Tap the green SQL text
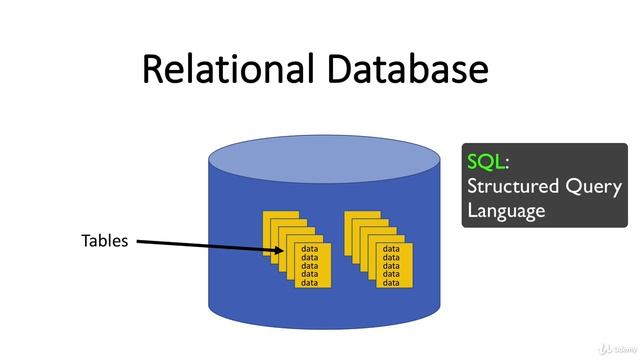click(486, 162)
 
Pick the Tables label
click(104, 241)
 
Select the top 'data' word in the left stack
click(310, 249)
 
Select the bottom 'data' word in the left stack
click(310, 283)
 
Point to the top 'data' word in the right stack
click(391, 249)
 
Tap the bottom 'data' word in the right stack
click(391, 283)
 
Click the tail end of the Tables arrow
click(138, 241)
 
